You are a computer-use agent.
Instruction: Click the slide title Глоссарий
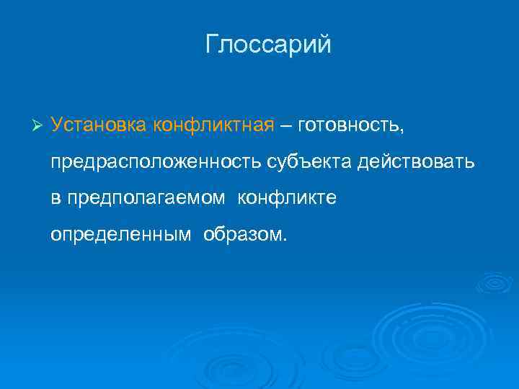point(268,45)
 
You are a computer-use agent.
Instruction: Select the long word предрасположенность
point(153,162)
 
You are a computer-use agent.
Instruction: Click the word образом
point(243,235)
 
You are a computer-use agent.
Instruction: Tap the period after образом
point(284,240)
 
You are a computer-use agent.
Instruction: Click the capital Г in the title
point(212,45)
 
